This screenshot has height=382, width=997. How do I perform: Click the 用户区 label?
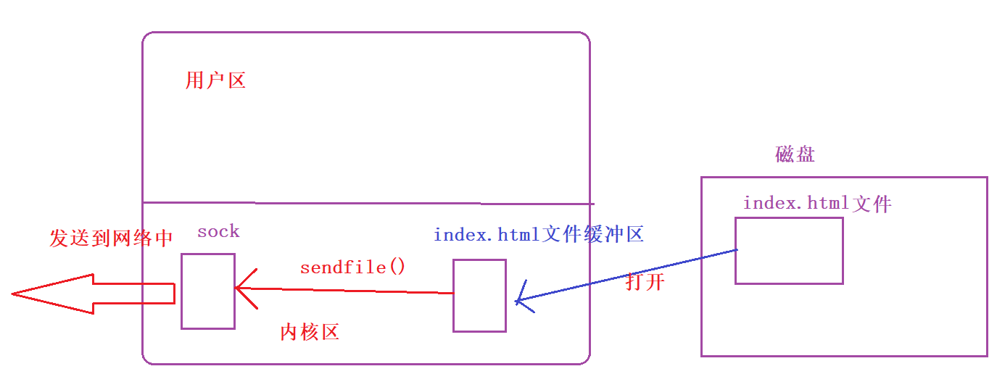click(215, 80)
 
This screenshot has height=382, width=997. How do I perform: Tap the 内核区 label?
click(310, 332)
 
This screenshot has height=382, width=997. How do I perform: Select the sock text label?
click(218, 231)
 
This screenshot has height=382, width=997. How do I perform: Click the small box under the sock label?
click(208, 291)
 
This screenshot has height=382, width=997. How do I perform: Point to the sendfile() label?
click(353, 267)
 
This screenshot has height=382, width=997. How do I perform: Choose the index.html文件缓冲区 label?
click(538, 235)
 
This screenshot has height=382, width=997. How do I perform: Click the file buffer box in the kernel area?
click(479, 296)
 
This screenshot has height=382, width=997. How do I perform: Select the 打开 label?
click(645, 283)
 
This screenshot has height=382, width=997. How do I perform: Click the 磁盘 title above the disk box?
click(795, 154)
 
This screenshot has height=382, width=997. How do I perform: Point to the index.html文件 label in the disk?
click(816, 204)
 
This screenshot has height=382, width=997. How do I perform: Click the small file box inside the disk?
click(789, 250)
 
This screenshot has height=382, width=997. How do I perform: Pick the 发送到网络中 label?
click(112, 238)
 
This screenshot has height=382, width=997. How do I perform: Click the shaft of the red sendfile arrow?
click(348, 291)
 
